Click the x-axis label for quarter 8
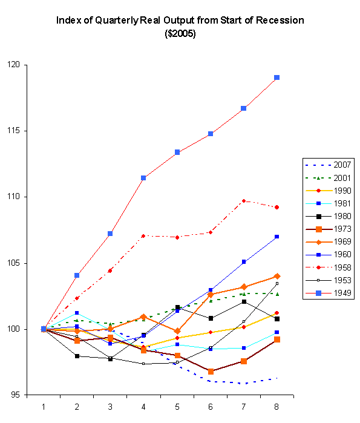[x=277, y=406]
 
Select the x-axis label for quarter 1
[x=44, y=406]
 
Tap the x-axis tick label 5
[x=177, y=406]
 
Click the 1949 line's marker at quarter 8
[x=277, y=77]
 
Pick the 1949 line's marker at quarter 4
[x=143, y=178]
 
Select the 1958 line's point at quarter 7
[x=243, y=201]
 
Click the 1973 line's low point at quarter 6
[x=210, y=371]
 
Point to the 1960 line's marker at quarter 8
[x=277, y=237]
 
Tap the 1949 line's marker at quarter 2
[x=77, y=275]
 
